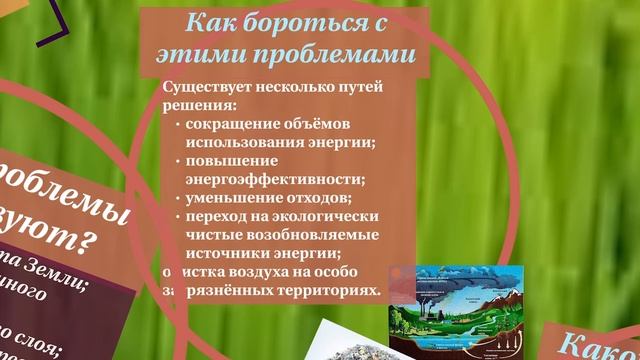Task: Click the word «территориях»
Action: coord(331,289)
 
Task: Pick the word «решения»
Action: coord(197,104)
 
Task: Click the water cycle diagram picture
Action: coord(456,311)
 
